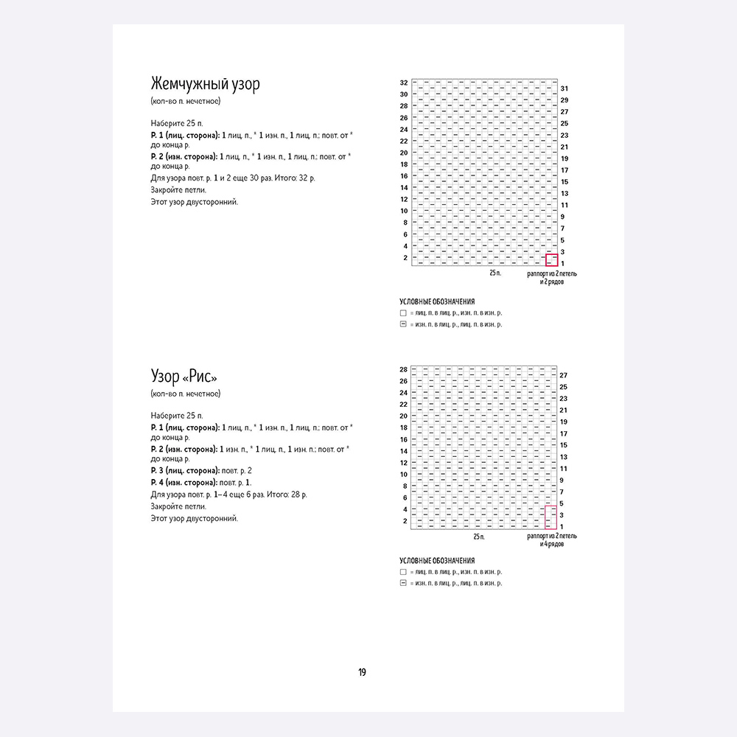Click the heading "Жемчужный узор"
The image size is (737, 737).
click(205, 84)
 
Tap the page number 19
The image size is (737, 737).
click(363, 672)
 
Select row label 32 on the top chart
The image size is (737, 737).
click(404, 83)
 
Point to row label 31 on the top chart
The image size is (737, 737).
click(564, 88)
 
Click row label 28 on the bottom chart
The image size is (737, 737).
click(404, 369)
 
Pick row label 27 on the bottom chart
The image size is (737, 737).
click(564, 375)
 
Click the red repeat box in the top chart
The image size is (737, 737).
click(551, 259)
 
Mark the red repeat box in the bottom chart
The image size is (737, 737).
click(550, 516)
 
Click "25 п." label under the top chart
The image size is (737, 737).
click(495, 273)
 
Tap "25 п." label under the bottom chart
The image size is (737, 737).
click(480, 537)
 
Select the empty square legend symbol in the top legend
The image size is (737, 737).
click(403, 313)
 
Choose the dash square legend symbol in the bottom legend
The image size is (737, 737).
click(403, 583)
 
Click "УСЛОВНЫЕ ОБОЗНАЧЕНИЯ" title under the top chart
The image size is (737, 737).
click(437, 302)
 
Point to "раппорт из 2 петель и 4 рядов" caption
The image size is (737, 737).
click(552, 540)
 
